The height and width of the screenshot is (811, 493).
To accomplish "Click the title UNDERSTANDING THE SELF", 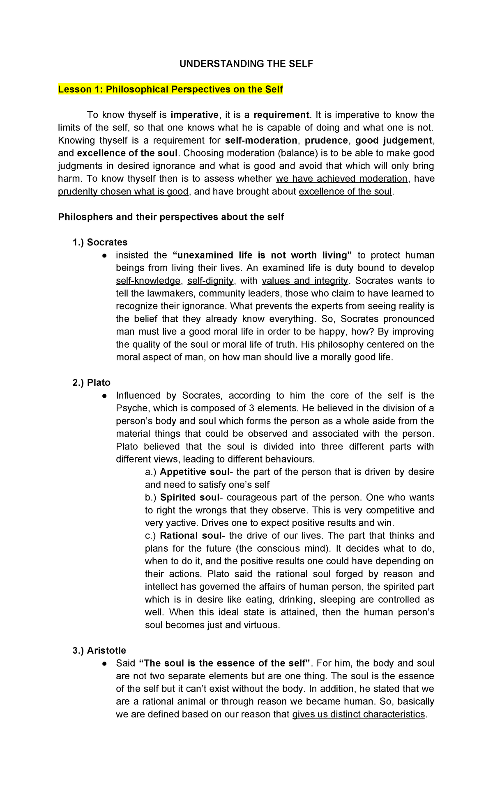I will [x=246, y=64].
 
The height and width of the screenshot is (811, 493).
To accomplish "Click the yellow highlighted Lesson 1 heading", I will [x=170, y=89].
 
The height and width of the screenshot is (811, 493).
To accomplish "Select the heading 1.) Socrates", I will [x=100, y=242].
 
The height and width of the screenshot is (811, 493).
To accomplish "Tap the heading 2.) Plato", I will [x=91, y=383].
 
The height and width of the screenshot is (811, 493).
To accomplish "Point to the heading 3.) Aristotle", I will [x=99, y=651].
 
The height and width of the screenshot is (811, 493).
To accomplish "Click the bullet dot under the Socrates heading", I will [x=105, y=255].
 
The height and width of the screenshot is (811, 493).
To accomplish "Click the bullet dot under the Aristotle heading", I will [x=105, y=664].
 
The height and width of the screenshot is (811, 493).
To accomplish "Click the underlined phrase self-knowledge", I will [x=148, y=281].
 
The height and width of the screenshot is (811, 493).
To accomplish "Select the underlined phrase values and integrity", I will [x=304, y=281].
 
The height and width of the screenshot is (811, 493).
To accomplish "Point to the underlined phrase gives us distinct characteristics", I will [x=358, y=715].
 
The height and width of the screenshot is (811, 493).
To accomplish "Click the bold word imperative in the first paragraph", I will [x=194, y=115].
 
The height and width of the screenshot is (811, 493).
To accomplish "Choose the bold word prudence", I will [x=326, y=140].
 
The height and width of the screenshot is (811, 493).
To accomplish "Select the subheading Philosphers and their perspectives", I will [x=171, y=217].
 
